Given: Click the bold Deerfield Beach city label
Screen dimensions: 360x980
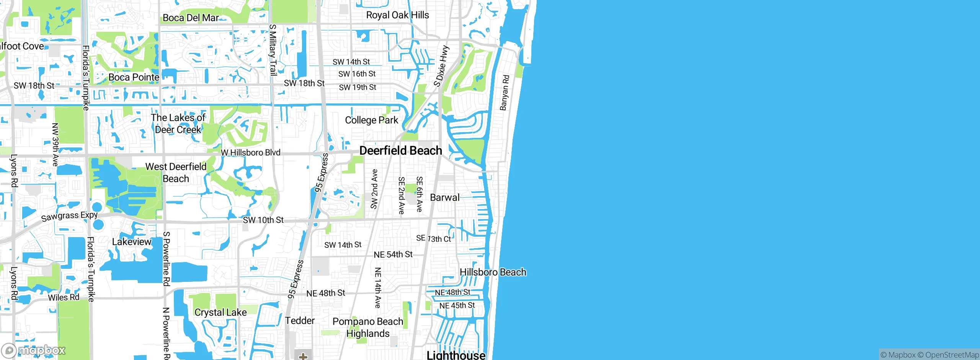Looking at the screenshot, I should (400, 151).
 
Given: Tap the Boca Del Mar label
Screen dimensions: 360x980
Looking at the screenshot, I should (191, 18).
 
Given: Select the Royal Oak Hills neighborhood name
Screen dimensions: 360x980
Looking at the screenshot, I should (397, 15).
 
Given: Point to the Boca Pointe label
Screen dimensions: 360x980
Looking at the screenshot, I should (134, 77).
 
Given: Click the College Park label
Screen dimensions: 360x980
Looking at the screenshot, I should (371, 120).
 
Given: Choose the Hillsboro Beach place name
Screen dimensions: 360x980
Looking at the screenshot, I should (493, 272).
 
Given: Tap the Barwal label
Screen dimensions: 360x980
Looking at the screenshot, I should (444, 198).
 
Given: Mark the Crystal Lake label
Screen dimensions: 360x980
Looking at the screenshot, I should (220, 313).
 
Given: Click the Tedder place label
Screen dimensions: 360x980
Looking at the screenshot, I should (300, 321).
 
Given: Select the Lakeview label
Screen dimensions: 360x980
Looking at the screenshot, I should (132, 242).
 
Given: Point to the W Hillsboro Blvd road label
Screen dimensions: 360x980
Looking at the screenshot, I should (251, 152).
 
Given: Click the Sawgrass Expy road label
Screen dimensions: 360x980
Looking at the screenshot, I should (69, 216).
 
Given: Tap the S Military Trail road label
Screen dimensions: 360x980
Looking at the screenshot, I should (273, 50).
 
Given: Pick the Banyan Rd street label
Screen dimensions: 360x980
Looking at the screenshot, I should (505, 93).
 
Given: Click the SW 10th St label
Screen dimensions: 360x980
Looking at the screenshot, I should (263, 220).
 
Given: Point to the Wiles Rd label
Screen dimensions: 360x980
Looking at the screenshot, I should (64, 298).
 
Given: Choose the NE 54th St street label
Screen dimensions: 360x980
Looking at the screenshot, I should (393, 255).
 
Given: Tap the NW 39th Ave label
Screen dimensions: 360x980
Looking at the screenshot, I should (55, 144).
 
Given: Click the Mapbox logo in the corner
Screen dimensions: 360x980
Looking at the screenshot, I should (34, 350).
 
